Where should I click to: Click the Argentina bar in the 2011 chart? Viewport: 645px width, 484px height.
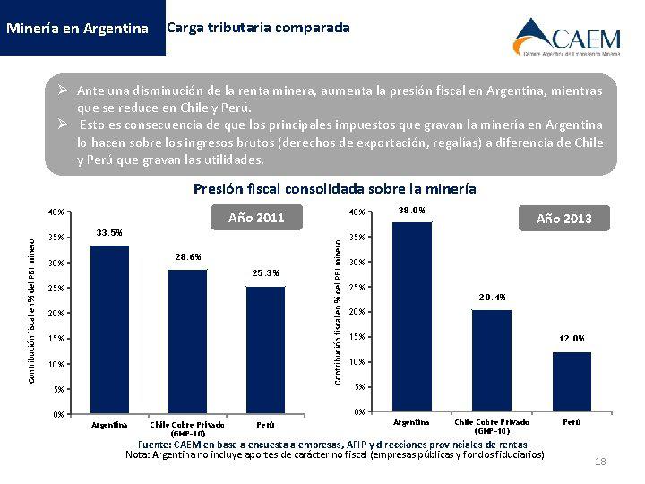click(x=109, y=329)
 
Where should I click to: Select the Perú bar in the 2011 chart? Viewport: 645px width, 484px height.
click(x=265, y=350)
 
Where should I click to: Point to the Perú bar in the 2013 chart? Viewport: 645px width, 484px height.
click(x=572, y=381)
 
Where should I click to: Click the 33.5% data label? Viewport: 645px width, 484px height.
click(x=109, y=233)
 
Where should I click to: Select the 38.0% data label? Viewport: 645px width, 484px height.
click(x=410, y=211)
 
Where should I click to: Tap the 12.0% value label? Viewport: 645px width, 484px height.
click(x=572, y=339)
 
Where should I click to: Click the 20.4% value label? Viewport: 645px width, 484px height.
click(x=492, y=297)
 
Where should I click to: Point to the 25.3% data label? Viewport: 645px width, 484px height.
click(x=265, y=272)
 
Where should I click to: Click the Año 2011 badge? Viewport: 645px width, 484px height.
click(x=256, y=217)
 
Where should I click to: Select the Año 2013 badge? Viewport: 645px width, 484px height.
click(x=563, y=218)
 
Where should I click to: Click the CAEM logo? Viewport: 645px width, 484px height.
click(x=566, y=37)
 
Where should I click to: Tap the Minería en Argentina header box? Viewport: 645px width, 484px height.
click(x=77, y=28)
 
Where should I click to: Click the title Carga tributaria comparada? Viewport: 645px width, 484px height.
click(x=259, y=28)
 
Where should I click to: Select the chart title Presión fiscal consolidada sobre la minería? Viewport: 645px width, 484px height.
click(x=335, y=189)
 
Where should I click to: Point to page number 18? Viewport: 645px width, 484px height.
click(x=600, y=462)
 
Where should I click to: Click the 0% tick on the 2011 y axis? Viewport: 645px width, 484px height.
click(x=58, y=414)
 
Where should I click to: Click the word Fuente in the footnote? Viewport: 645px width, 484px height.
click(x=154, y=445)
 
